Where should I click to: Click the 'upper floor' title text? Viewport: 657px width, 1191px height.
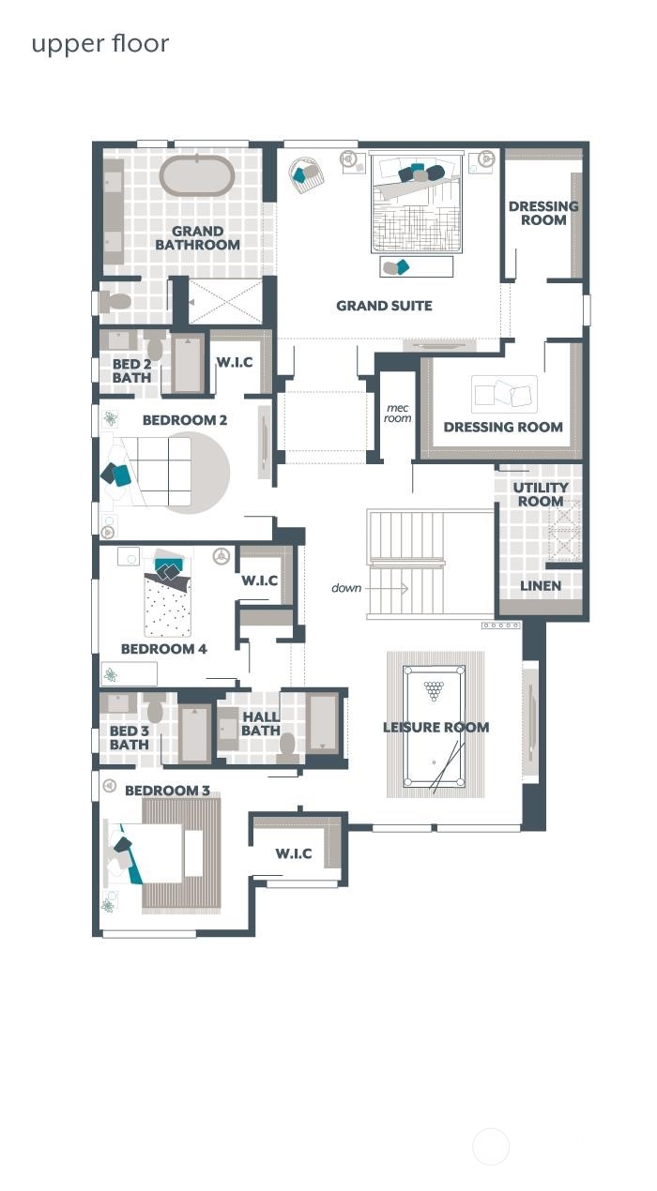click(x=100, y=44)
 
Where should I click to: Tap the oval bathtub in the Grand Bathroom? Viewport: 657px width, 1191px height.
click(x=197, y=175)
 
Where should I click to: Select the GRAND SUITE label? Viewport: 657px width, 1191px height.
click(x=384, y=306)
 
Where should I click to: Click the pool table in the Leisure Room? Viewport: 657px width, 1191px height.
click(x=435, y=727)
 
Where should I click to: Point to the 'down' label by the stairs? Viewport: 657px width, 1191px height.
click(x=346, y=588)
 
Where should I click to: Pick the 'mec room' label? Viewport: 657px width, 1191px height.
click(x=398, y=414)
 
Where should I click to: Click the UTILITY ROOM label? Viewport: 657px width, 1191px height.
click(x=540, y=494)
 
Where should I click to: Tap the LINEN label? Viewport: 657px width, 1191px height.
click(x=541, y=586)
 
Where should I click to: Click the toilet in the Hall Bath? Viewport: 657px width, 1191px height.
click(x=289, y=746)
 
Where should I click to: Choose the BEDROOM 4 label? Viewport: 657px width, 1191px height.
click(x=163, y=649)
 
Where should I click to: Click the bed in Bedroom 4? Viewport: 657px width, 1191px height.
click(x=168, y=600)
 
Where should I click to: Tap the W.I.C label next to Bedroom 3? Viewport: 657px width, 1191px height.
click(x=293, y=854)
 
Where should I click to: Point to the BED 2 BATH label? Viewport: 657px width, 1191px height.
click(x=131, y=371)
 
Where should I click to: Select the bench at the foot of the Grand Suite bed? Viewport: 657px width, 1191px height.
click(x=416, y=267)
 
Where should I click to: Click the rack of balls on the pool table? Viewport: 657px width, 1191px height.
click(x=434, y=691)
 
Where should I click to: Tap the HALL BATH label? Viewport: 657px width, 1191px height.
click(x=260, y=724)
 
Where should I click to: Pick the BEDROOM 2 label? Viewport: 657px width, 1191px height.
click(x=184, y=420)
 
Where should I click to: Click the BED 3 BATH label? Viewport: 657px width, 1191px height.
click(x=129, y=738)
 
